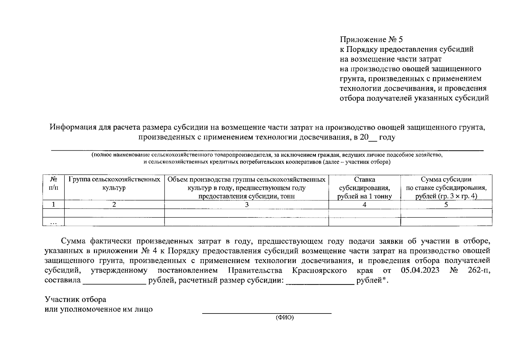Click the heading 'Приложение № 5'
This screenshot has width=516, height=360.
point(371,40)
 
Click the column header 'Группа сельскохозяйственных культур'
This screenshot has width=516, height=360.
point(114,184)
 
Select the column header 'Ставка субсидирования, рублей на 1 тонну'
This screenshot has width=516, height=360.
point(364,188)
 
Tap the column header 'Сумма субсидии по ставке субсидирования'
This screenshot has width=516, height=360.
point(446,188)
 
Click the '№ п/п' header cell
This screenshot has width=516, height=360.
point(53,184)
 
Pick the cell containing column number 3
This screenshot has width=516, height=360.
point(247,205)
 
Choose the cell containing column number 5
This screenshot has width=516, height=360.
point(446,205)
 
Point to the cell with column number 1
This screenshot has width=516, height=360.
point(53,205)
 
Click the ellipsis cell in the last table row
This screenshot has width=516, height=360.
point(53,222)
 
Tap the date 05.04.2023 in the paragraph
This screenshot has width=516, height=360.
point(420,270)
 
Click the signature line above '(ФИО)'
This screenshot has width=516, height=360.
point(267,313)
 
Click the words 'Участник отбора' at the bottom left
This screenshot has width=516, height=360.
point(75,299)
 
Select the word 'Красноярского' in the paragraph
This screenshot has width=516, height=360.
point(319,270)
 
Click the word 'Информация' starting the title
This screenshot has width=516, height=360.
point(70,127)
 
